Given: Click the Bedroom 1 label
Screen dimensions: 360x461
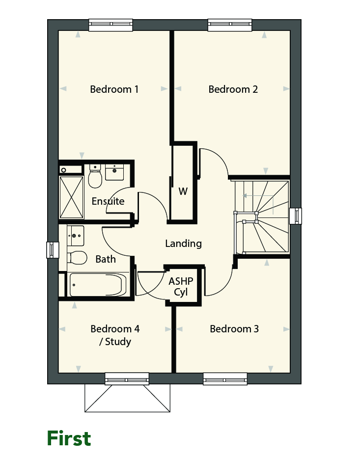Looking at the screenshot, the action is pyautogui.click(x=114, y=89).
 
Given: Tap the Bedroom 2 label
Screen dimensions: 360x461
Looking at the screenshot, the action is pyautogui.click(x=233, y=89).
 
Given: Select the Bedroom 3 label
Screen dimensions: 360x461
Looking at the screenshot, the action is pyautogui.click(x=234, y=329).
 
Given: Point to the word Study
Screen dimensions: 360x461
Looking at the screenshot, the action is pyautogui.click(x=118, y=342).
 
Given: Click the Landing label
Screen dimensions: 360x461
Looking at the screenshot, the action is pyautogui.click(x=183, y=244).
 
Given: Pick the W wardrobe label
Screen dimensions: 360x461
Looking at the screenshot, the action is pyautogui.click(x=183, y=191).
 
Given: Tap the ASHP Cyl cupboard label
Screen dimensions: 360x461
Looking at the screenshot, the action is pyautogui.click(x=181, y=287).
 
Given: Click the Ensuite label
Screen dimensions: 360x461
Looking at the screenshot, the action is pyautogui.click(x=108, y=201).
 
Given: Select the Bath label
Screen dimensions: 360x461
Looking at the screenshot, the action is pyautogui.click(x=106, y=259).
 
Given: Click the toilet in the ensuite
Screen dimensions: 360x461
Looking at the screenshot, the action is pyautogui.click(x=95, y=176).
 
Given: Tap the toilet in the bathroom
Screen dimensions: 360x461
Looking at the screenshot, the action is pyautogui.click(x=77, y=258).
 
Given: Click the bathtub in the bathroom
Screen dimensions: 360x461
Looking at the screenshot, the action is pyautogui.click(x=98, y=285).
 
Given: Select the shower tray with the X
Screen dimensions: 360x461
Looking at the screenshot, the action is pyautogui.click(x=72, y=197).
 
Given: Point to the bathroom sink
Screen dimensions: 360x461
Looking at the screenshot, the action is pyautogui.click(x=76, y=236).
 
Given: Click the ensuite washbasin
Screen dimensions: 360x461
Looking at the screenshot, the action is pyautogui.click(x=114, y=172).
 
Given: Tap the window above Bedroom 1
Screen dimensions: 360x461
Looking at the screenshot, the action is pyautogui.click(x=111, y=25).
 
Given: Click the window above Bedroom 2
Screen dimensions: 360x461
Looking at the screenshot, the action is pyautogui.click(x=230, y=25).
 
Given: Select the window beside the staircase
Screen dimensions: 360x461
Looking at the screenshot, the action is pyautogui.click(x=296, y=216).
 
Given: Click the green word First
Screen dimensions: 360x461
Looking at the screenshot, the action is pyautogui.click(x=69, y=438).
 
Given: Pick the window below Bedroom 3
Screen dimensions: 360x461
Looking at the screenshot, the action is pyautogui.click(x=225, y=379).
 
